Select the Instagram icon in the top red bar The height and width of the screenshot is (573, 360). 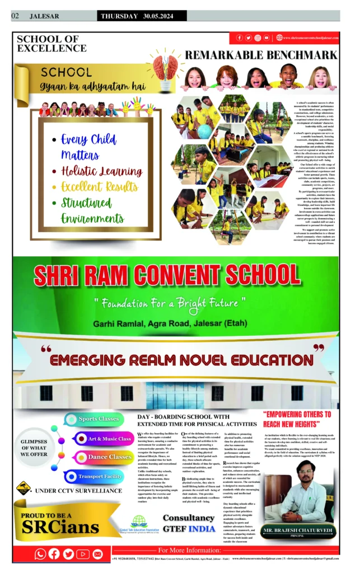click(x=258, y=37)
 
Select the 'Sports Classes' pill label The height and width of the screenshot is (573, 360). click(x=99, y=419)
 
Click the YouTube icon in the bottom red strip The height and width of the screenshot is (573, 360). click(x=83, y=554)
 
